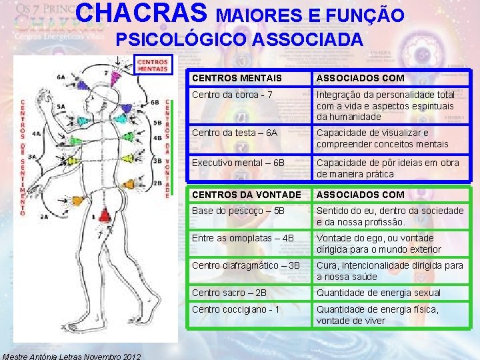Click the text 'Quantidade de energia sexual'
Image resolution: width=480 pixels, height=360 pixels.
(x=378, y=293)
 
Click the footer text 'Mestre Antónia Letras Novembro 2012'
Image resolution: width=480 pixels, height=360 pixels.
(x=71, y=355)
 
